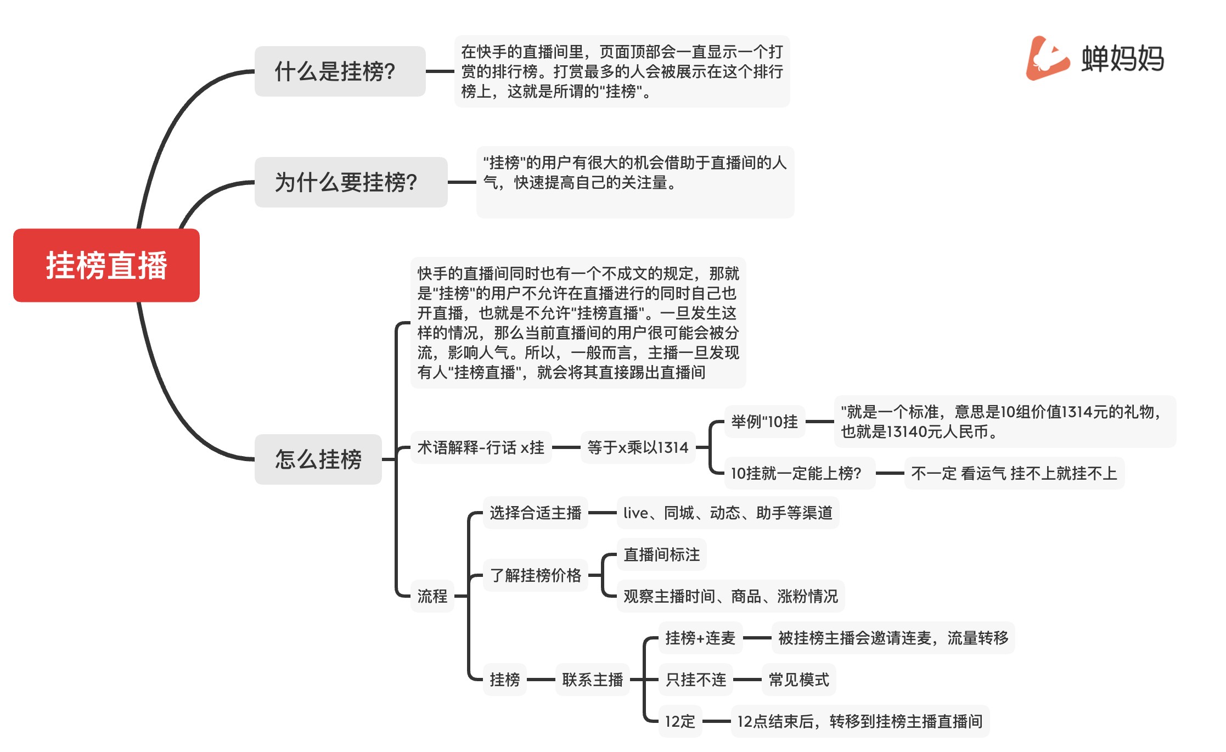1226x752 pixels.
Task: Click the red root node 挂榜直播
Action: tap(106, 265)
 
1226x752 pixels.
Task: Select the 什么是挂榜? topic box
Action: tap(340, 71)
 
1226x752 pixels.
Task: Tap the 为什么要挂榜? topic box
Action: tap(351, 182)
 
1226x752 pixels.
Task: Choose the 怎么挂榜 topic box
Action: tap(318, 459)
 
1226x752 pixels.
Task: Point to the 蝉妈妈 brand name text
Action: tap(1122, 58)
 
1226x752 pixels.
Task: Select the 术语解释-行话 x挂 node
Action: tap(481, 447)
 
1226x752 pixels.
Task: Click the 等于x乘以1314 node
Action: tap(638, 447)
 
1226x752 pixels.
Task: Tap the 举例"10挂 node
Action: tap(764, 422)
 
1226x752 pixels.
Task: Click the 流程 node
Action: tap(432, 596)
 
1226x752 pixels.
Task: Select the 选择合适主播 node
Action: tap(535, 513)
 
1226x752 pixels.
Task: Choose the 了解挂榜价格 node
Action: tap(535, 575)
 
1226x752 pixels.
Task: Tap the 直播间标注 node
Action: tap(661, 554)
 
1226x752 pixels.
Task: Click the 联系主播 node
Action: tap(592, 680)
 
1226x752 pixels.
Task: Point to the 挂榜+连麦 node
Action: tap(700, 638)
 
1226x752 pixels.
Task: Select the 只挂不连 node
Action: tap(696, 680)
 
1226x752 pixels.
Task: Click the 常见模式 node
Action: tap(798, 680)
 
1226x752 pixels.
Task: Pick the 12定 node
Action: tap(680, 721)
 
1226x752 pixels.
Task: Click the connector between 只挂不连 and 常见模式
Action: tap(747, 680)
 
